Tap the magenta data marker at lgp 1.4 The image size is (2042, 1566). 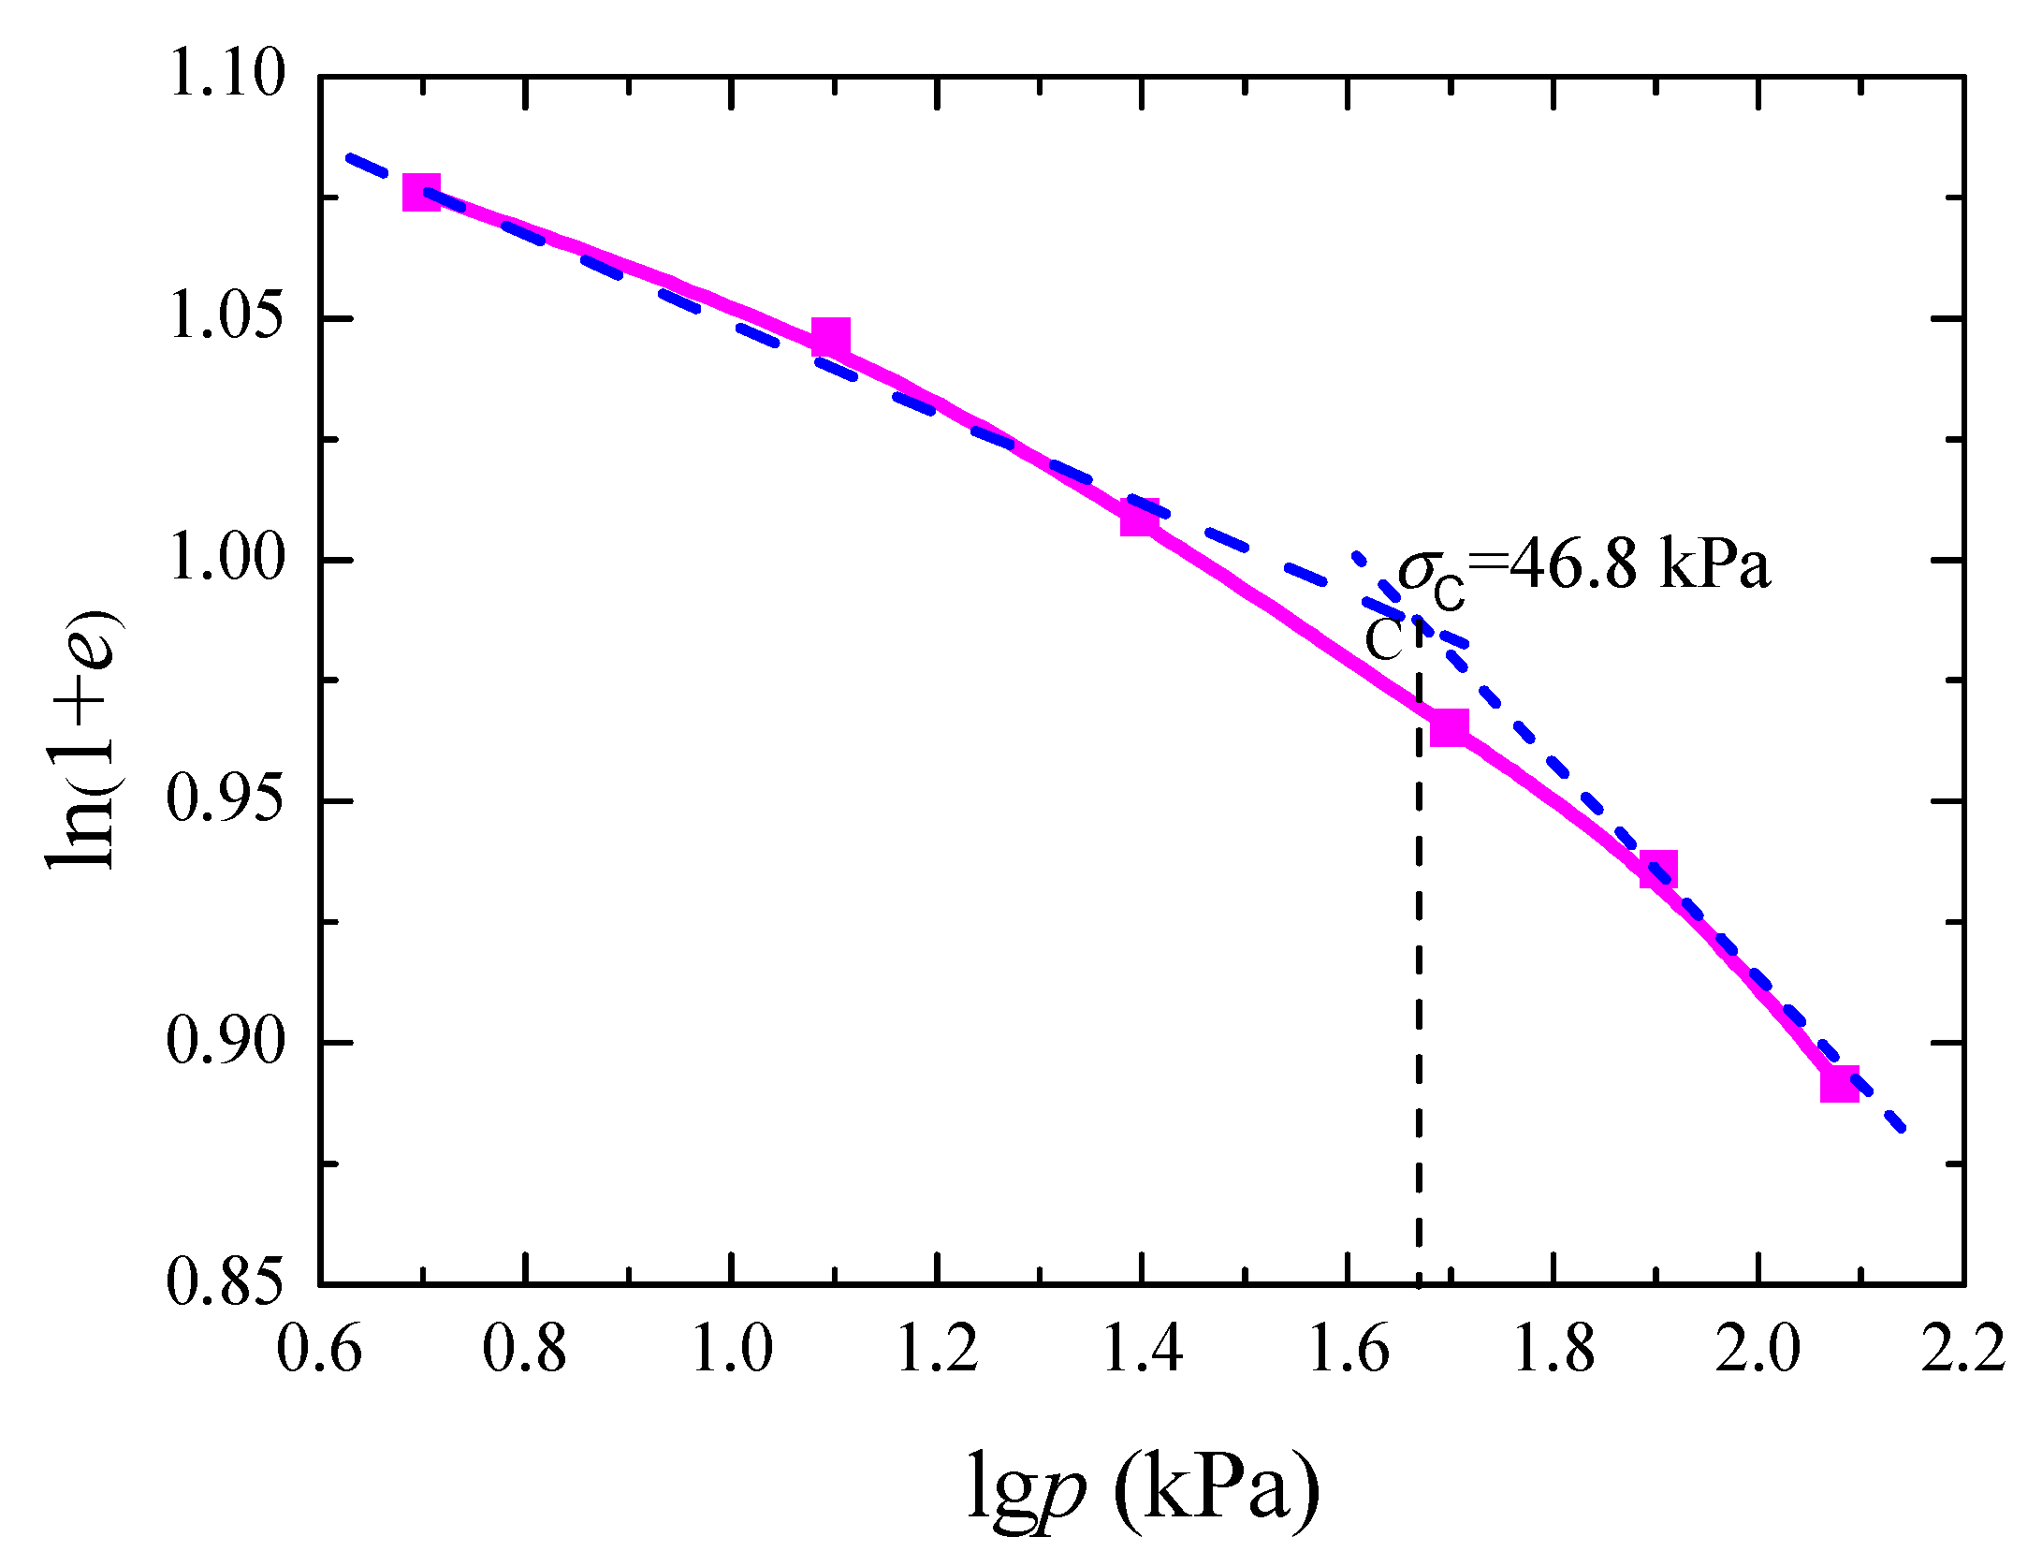pyautogui.click(x=1139, y=517)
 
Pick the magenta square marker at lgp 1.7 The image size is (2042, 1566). pyautogui.click(x=1450, y=726)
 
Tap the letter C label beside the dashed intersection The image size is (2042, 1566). pyautogui.click(x=1384, y=641)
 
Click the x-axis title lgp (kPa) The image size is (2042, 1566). pyautogui.click(x=1143, y=1486)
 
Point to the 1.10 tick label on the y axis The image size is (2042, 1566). pyautogui.click(x=226, y=75)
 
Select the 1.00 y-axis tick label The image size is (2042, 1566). pyautogui.click(x=226, y=560)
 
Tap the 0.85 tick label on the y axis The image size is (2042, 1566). pyautogui.click(x=226, y=1282)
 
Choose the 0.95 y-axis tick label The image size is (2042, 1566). pyautogui.click(x=226, y=801)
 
